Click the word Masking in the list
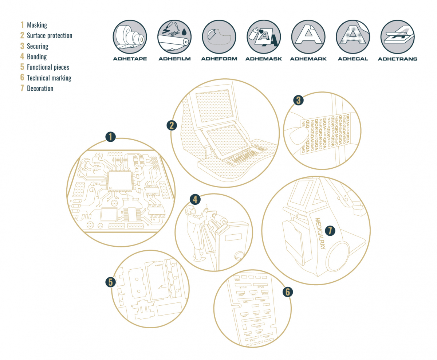[x=37, y=25]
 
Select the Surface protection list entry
[x=50, y=36]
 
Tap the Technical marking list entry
[x=49, y=78]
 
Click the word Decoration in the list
[x=40, y=88]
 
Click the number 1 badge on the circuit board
[x=110, y=137]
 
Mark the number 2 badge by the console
[x=172, y=125]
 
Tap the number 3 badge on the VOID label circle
[x=299, y=100]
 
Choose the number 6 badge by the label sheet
[x=287, y=291]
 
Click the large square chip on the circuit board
[x=119, y=181]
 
